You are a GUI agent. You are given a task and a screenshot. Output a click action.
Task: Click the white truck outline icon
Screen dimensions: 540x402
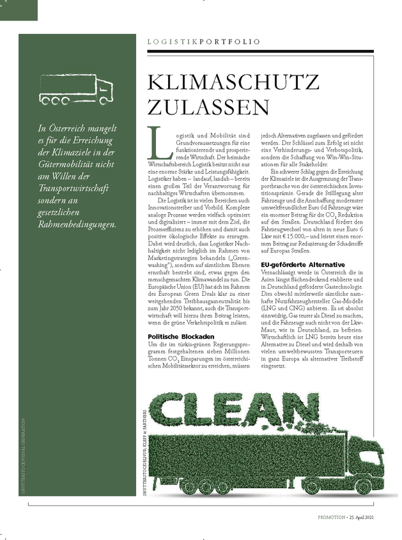(76, 90)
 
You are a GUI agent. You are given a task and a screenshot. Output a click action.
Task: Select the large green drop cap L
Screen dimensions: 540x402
(155, 144)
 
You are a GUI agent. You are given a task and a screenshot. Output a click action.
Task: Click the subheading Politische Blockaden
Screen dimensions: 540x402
(181, 336)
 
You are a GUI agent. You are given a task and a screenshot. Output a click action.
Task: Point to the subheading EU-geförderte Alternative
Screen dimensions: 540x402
(303, 264)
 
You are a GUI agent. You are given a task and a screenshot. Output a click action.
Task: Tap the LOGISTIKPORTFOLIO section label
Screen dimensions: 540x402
(203, 42)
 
